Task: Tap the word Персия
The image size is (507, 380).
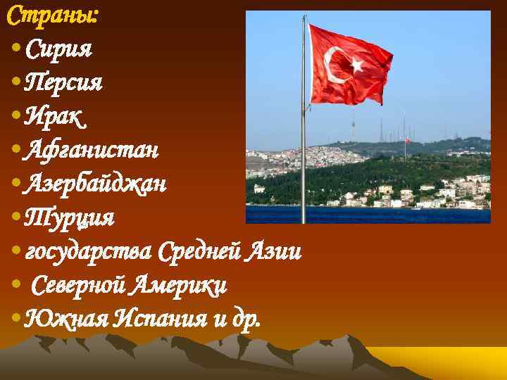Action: [63, 83]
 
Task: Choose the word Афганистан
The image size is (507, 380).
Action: [91, 150]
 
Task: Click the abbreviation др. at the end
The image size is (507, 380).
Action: [246, 319]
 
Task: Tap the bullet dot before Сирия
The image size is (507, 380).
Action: [16, 50]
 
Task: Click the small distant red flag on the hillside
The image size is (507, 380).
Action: [406, 140]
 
